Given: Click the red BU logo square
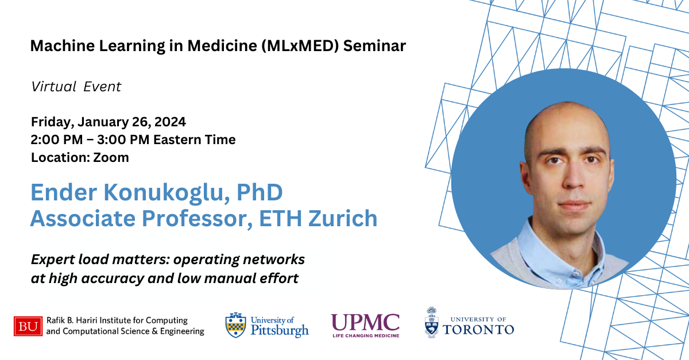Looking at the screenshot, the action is point(28,326).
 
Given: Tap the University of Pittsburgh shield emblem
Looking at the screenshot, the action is point(235,325).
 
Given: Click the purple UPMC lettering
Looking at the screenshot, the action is point(365,323).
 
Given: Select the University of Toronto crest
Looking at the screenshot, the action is point(432,322).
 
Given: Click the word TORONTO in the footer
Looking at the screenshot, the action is point(478,330).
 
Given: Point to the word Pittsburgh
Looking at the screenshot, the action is point(280,331).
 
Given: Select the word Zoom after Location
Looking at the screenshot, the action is point(111,157).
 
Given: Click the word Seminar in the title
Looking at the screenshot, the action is point(374,46).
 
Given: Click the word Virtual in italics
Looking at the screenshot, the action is point(53,87).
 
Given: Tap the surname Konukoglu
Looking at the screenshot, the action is point(167,192).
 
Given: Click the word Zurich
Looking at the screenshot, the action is point(343,218).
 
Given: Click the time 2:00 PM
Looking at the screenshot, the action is point(57,140).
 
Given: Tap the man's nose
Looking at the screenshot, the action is point(573,177).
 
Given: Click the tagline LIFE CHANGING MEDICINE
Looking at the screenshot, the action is point(366,335).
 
